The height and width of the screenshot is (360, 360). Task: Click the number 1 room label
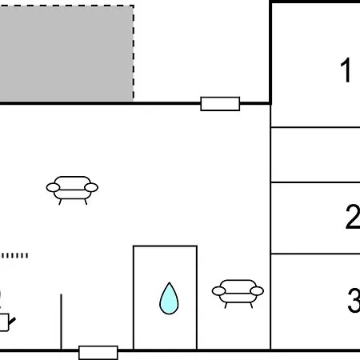pos(346,70)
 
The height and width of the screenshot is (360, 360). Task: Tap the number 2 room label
pos(353,217)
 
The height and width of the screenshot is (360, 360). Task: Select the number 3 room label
pos(354,301)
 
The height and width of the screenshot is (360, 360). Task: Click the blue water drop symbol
pos(169,298)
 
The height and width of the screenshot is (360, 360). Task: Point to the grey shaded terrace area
pos(66,53)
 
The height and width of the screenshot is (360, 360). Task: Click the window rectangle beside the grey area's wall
pos(220,104)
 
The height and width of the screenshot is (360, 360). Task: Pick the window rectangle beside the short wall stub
pos(98,353)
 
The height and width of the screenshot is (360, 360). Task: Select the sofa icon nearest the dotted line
pos(72,190)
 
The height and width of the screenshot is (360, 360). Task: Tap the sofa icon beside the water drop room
pos(238,294)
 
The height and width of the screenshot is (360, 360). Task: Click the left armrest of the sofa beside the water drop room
pos(218,291)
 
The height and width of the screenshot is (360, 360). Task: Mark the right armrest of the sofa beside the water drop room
pos(257,291)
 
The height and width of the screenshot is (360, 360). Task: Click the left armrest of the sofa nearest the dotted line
pos(53,187)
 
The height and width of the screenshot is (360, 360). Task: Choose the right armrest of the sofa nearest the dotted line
pos(91,187)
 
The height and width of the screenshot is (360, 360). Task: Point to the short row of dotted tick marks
pos(14,255)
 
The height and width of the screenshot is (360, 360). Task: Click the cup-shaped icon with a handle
pos(6,322)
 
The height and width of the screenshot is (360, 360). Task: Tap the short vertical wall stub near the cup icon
pos(61,322)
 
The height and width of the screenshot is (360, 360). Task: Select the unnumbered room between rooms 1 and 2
pos(315,155)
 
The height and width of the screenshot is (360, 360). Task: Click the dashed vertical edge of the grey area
pos(134,53)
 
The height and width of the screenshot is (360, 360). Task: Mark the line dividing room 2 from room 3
pos(315,254)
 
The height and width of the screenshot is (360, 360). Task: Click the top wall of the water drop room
pos(165,246)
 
